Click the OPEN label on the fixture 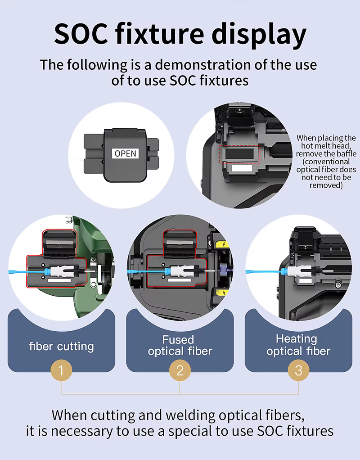[x=125, y=153]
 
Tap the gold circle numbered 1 [x=61, y=370]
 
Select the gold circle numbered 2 [x=180, y=370]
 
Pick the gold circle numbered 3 [x=298, y=370]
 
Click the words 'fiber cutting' [x=61, y=347]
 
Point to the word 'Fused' [x=178, y=340]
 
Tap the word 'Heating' [x=297, y=339]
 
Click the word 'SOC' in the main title [x=81, y=34]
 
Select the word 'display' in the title [x=259, y=35]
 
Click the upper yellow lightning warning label [x=223, y=244]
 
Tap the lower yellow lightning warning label [x=223, y=292]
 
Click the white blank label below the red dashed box [x=242, y=168]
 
